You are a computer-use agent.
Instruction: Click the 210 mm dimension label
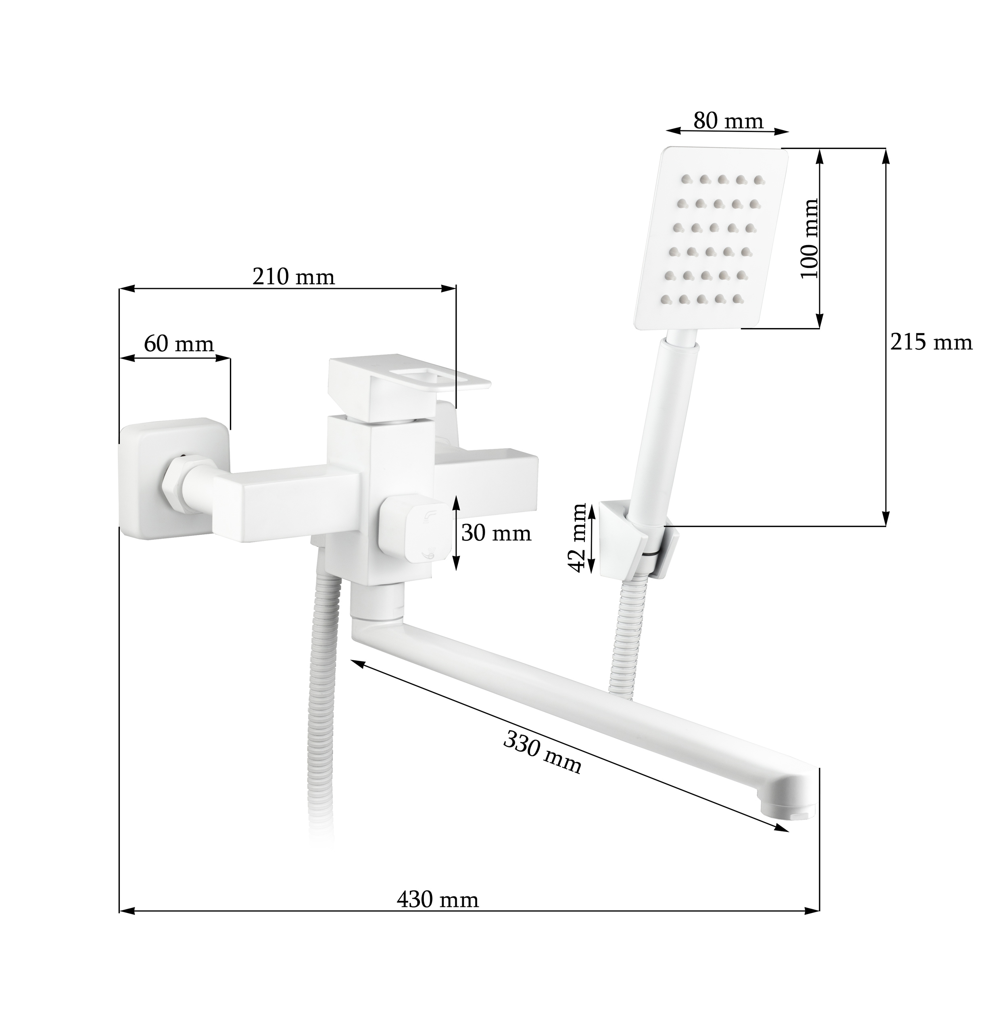pos(294,277)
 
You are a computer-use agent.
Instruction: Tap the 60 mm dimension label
pos(179,344)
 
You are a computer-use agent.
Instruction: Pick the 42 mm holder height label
pos(578,538)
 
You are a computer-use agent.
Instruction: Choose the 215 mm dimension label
pos(931,343)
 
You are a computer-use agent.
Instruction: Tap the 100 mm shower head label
pos(809,239)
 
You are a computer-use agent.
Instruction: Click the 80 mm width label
pos(728,121)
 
